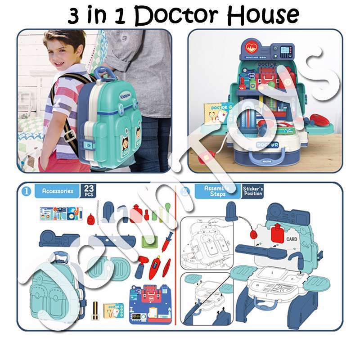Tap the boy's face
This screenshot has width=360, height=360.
tap(62, 49)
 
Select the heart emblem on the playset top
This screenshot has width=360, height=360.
tap(251, 47)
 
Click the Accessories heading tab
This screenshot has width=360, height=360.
tap(57, 191)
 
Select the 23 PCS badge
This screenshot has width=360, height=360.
tap(88, 191)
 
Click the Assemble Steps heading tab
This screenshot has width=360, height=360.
tap(217, 191)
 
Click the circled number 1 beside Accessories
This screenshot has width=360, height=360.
tap(26, 191)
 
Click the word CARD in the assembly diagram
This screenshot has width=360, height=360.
tap(292, 239)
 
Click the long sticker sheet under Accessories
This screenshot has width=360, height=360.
tap(61, 213)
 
